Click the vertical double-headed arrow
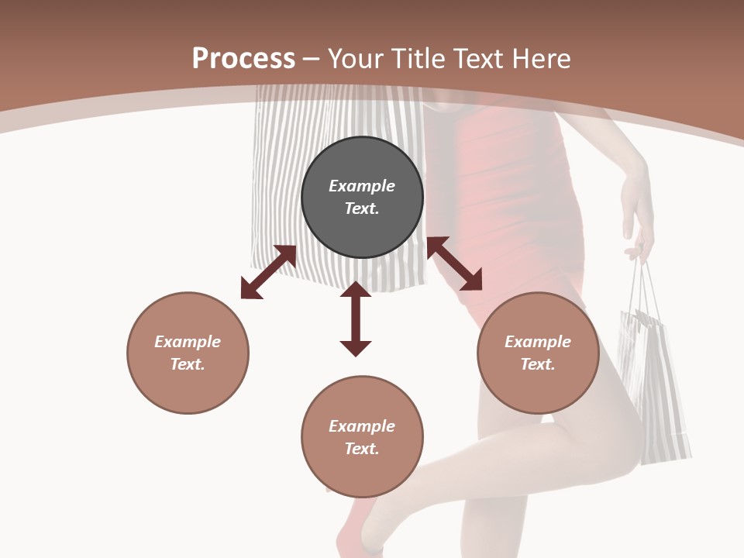[356, 319]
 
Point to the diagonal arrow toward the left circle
[268, 272]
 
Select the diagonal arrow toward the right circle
[454, 263]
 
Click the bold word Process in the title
[243, 58]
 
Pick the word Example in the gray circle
[362, 186]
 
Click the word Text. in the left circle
[188, 364]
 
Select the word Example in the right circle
[538, 342]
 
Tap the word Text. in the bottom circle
[362, 449]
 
